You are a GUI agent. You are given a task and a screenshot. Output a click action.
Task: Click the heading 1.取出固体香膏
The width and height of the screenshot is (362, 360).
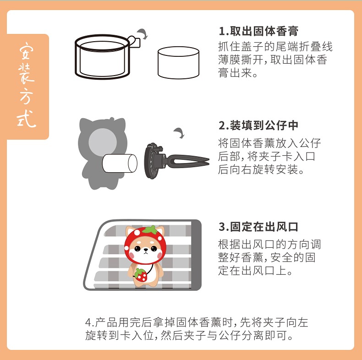pos(258,31)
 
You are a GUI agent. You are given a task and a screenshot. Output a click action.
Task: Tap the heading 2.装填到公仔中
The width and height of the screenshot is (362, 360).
pos(258,125)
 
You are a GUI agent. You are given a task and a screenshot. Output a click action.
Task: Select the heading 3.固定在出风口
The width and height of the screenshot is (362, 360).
pos(258,227)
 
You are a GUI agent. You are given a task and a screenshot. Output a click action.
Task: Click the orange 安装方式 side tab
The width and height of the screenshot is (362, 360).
pos(27,87)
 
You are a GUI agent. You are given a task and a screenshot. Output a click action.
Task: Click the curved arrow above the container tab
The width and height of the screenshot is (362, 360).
pos(143,34)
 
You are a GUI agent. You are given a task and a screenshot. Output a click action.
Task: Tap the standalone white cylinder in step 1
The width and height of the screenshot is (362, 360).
pos(178,63)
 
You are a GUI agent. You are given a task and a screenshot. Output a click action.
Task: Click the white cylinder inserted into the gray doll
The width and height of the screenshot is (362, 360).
pos(120,163)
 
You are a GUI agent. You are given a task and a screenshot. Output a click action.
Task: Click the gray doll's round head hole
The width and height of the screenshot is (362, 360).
pos(103,141)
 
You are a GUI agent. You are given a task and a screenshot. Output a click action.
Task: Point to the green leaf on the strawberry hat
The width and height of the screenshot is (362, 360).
pos(150,229)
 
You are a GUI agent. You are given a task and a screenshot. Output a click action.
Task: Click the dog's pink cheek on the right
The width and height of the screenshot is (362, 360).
pos(160,255)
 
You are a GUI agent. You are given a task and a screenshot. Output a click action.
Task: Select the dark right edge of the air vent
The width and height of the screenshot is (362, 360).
pos(196,255)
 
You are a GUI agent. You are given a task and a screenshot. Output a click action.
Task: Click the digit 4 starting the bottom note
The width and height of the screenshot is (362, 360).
pos(88,322)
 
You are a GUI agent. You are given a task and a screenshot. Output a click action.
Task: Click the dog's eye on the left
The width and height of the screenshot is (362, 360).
pos(137,249)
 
